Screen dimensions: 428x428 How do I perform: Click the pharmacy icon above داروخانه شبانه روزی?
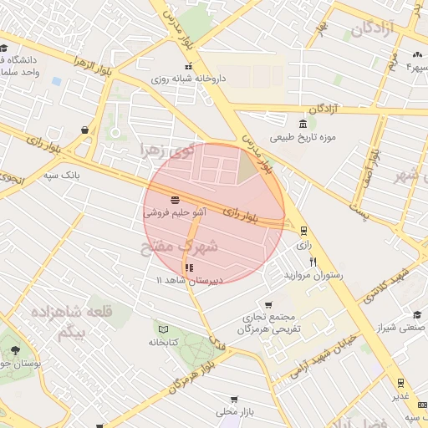(189, 66)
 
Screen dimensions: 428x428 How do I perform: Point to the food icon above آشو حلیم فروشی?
(175, 200)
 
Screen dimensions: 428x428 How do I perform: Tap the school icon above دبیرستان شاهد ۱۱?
(189, 267)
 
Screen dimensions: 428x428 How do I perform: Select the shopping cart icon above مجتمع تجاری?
(267, 305)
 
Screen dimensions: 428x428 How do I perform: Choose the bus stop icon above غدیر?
(401, 382)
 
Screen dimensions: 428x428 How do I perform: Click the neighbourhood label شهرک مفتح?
(179, 247)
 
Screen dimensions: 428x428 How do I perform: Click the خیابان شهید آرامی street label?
(318, 355)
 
